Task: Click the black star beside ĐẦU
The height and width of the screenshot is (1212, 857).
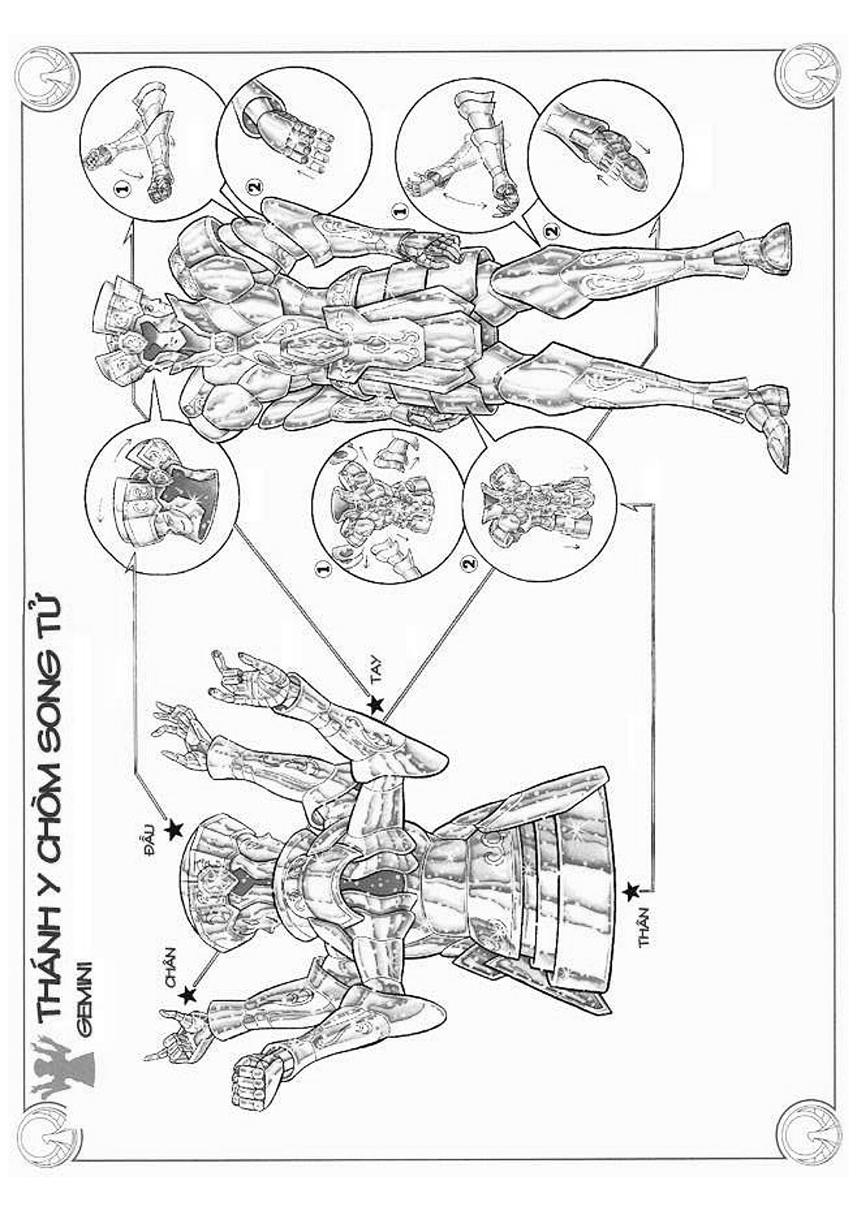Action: pos(174,828)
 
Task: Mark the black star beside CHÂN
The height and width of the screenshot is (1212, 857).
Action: pos(187,995)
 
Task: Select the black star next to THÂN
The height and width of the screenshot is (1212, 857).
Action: pos(630,892)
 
